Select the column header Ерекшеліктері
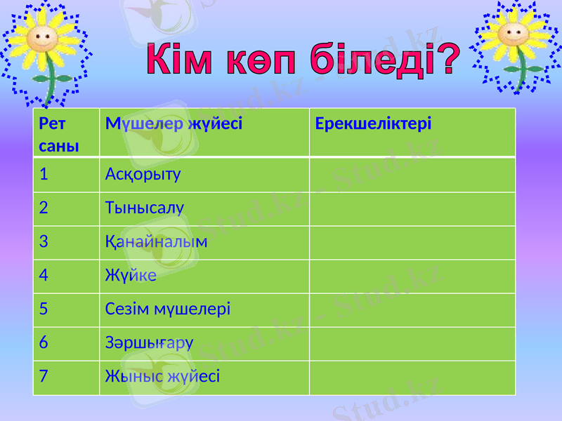373,124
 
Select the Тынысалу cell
144,208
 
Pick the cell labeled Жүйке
130,276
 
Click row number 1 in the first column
44,173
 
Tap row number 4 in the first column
44,276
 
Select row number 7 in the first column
44,377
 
